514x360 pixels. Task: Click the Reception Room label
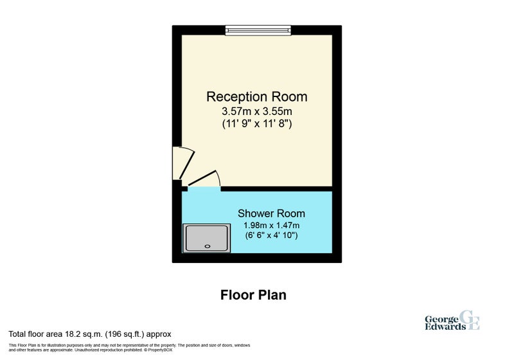[256, 96]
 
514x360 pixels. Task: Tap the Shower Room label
[271, 213]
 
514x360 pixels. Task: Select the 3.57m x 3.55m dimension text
[256, 111]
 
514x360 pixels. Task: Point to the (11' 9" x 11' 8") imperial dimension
[256, 124]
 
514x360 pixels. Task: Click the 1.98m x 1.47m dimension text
[271, 226]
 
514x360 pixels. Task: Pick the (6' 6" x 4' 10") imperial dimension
[271, 235]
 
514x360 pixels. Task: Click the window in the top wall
[258, 30]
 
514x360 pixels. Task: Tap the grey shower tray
[206, 239]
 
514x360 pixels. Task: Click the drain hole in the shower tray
[208, 246]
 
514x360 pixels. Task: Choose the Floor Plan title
[253, 295]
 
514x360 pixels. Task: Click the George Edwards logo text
[445, 323]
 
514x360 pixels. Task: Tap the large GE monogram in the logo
[470, 319]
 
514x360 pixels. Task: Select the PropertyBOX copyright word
[160, 350]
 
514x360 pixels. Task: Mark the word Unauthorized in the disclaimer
[86, 350]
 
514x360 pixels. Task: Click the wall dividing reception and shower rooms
[277, 189]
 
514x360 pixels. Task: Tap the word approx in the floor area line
[159, 335]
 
